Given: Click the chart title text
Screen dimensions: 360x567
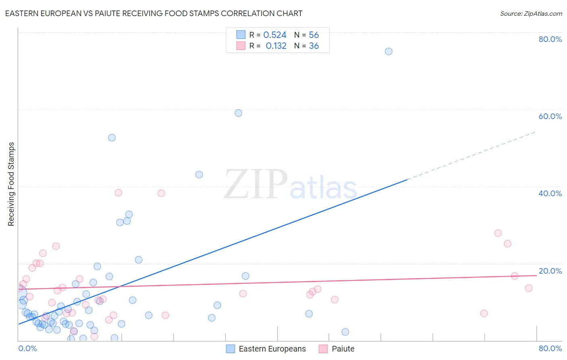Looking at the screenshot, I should point(154,14).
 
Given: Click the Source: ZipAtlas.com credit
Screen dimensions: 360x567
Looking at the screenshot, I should point(531,14).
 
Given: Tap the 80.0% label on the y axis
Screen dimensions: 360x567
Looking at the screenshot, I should point(550,39).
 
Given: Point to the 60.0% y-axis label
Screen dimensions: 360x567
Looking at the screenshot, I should point(550,116).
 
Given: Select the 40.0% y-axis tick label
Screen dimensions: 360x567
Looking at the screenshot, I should point(550,193).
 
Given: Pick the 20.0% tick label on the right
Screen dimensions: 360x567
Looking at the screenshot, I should point(550,271).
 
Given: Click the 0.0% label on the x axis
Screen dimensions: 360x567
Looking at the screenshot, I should point(27,348).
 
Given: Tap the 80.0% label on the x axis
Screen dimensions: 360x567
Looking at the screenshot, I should point(550,348).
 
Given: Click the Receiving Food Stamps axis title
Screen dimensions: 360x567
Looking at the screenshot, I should point(11,184).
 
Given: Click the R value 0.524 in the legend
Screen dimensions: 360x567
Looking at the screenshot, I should point(275,35).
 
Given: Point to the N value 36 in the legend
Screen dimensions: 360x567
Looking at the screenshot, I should point(314,46).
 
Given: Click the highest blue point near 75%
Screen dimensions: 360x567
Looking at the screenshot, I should point(388,51).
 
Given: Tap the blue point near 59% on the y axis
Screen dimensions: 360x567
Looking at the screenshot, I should point(238,113).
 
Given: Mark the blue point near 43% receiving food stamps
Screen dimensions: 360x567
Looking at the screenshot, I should point(199,175).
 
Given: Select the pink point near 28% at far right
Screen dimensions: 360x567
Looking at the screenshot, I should point(498,233).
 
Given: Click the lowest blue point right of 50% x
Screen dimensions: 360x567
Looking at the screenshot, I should point(345,332).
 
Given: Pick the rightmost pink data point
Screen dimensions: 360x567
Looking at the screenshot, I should point(529,288).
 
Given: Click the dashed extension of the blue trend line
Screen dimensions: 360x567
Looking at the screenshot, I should point(472,155).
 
